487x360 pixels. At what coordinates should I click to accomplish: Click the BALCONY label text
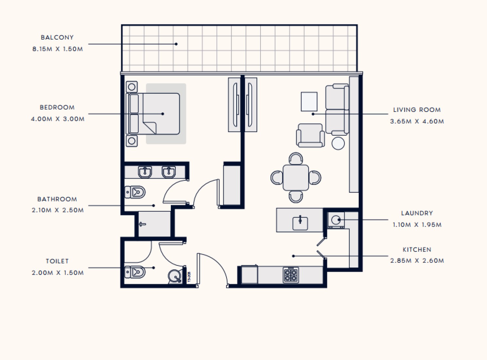[x=57, y=37]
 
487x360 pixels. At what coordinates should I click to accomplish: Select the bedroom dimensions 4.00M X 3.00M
[x=58, y=119]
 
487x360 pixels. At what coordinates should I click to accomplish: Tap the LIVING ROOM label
[x=417, y=110]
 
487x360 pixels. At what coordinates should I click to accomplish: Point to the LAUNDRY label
[x=417, y=213]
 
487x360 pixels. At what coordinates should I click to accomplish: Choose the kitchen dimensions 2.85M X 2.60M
[x=417, y=261]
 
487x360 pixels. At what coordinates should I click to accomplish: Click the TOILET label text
[x=57, y=261]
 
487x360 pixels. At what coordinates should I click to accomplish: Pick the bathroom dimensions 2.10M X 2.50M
[x=58, y=210]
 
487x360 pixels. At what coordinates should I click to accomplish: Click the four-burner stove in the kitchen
[x=291, y=275]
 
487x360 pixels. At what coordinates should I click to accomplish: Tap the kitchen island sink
[x=300, y=223]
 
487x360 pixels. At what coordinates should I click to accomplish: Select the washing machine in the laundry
[x=336, y=220]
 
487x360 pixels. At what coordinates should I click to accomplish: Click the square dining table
[x=296, y=178]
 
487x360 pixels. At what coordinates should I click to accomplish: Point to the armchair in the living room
[x=310, y=135]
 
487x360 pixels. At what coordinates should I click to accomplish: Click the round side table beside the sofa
[x=338, y=143]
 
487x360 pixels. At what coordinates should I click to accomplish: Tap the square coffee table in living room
[x=309, y=102]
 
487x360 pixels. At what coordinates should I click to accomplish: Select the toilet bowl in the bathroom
[x=135, y=192]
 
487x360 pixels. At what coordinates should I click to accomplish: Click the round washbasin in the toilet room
[x=175, y=276]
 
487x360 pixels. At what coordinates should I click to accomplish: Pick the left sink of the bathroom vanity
[x=145, y=172]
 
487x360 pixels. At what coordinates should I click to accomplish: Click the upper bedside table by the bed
[x=132, y=87]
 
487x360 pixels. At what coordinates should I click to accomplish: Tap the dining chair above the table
[x=296, y=158]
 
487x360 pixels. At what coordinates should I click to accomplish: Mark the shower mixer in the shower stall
[x=142, y=224]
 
